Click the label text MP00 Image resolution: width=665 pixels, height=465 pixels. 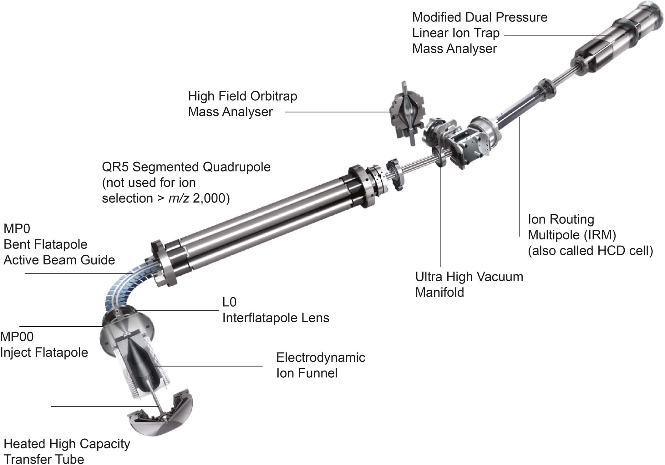17,337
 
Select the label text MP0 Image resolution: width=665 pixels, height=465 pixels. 17,229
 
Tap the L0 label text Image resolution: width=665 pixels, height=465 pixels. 229,302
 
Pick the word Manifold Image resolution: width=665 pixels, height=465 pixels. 439,293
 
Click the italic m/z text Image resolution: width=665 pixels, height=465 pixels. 178,198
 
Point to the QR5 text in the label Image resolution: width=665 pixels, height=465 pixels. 115,167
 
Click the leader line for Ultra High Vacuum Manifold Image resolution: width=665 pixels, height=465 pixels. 441,216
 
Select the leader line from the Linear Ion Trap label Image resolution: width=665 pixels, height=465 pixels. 558,35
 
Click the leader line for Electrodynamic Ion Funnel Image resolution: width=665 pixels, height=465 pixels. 207,366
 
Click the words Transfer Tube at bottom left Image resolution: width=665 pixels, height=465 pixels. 44,459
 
